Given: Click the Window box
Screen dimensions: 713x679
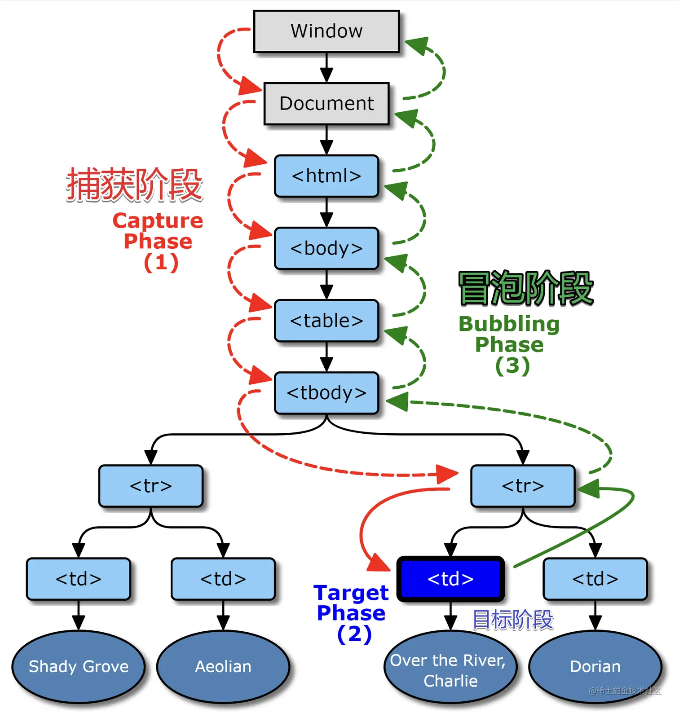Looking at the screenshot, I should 326,31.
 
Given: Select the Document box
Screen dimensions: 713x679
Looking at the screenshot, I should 326,104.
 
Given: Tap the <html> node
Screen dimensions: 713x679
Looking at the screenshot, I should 326,176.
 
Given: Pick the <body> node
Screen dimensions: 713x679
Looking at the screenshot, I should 326,248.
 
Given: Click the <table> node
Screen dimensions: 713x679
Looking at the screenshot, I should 326,321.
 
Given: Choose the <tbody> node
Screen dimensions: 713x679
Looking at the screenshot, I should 326,393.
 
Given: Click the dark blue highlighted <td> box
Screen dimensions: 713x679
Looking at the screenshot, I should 450,579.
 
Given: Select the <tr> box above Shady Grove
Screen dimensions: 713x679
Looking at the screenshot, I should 151,486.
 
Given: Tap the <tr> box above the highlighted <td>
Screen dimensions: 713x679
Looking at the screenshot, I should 523,486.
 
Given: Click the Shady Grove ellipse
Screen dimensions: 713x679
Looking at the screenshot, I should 79,667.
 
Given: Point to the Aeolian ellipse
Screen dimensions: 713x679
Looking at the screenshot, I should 223,667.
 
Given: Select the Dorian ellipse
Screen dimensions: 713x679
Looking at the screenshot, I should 595,667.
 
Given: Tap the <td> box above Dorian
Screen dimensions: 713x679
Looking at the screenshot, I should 595,579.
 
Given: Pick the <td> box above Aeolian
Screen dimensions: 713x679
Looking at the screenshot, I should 223,579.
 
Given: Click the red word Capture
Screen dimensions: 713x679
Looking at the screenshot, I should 158,221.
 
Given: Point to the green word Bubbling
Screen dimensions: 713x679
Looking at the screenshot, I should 509,324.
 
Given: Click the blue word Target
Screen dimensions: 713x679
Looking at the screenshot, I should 351,593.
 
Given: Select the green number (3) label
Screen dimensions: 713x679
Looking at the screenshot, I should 512,365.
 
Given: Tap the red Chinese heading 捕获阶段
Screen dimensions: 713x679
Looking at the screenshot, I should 135,185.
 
